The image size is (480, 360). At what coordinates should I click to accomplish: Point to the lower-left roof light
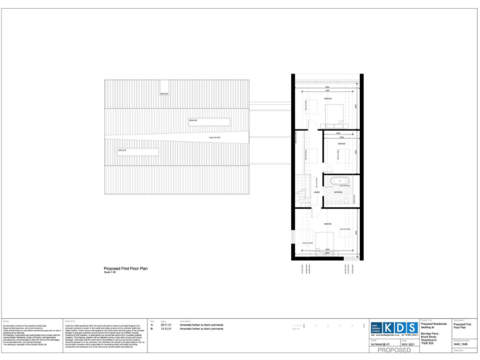coord(136,151)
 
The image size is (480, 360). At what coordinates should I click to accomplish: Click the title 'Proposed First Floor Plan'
coord(126,268)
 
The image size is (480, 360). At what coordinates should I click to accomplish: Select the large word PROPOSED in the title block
coord(394,351)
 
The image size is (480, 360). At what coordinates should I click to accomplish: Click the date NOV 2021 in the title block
coord(408,344)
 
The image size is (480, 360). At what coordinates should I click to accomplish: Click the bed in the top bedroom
coord(331,112)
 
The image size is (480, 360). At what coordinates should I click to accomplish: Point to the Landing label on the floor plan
coord(317,184)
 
